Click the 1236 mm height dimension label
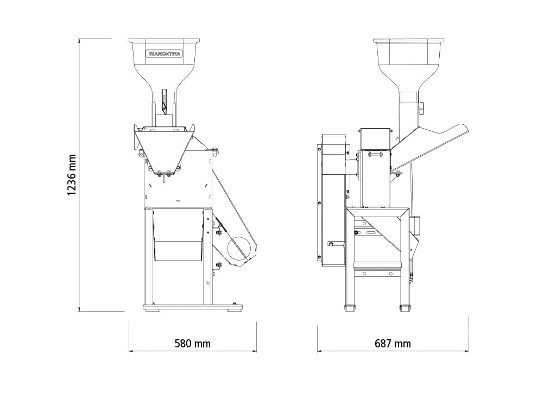[72, 175]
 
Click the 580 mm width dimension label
[193, 344]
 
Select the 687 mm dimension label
[393, 344]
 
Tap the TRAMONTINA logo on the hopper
[164, 54]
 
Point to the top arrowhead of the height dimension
[79, 40]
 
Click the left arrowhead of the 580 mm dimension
[131, 351]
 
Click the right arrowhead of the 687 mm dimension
[466, 351]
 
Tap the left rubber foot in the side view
[350, 308]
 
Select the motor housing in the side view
[333, 200]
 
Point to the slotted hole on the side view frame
[371, 233]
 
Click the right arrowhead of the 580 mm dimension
[254, 351]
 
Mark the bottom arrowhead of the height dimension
[79, 309]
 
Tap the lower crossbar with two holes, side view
[377, 274]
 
